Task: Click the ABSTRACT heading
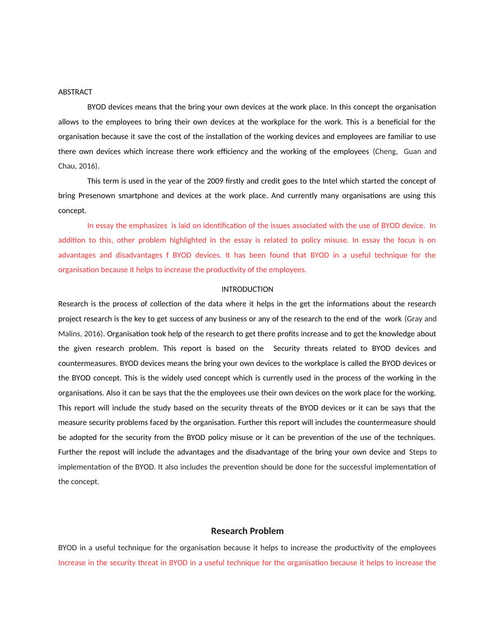click(75, 92)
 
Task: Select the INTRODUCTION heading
click(247, 289)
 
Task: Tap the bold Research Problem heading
click(247, 531)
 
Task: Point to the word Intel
click(330, 181)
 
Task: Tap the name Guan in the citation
click(412, 152)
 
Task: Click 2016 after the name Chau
click(87, 166)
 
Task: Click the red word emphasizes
click(148, 226)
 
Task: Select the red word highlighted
click(188, 240)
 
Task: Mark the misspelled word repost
click(110, 452)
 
